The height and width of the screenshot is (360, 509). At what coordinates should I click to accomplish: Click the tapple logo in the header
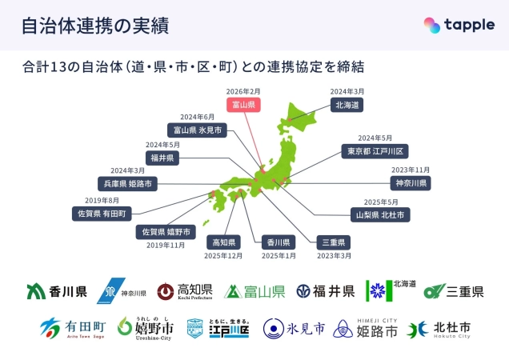[x=459, y=25]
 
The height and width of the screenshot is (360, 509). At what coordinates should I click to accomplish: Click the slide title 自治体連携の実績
[x=94, y=26]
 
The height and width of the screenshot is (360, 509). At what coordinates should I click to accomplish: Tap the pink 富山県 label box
[x=242, y=106]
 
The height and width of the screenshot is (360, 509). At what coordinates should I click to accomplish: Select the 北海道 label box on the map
[x=347, y=105]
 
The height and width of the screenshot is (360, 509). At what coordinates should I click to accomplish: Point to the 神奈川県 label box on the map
[x=411, y=183]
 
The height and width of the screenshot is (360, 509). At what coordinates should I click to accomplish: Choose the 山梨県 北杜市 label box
[x=382, y=214]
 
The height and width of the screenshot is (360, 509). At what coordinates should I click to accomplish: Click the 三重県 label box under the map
[x=331, y=242]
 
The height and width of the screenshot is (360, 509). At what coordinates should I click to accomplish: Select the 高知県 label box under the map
[x=223, y=242]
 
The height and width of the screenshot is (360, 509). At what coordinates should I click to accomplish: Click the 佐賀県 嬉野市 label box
[x=167, y=232]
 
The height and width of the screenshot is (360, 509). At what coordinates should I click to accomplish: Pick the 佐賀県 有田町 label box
[x=102, y=214]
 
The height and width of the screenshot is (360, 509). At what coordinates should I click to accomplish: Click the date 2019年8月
[x=101, y=201]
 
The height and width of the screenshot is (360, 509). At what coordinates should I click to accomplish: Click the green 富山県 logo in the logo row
[x=254, y=291]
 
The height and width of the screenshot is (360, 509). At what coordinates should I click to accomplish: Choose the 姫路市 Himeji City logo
[x=377, y=329]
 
